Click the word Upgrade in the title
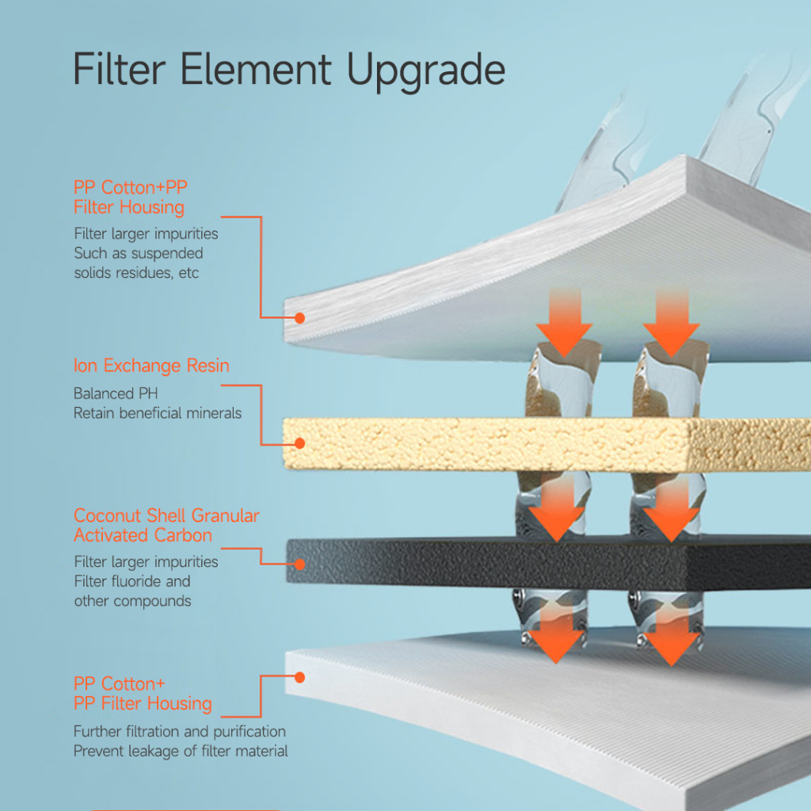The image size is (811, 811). (425, 71)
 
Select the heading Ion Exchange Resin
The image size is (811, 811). (151, 365)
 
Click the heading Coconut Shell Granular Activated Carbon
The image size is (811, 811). (166, 525)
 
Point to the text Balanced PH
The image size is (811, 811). (116, 394)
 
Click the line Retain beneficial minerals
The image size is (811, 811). (158, 413)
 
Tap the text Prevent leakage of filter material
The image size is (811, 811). (181, 751)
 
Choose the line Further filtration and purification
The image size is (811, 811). (180, 731)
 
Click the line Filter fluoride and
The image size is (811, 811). (132, 581)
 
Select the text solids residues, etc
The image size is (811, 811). (136, 272)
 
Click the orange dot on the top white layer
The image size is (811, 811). (299, 318)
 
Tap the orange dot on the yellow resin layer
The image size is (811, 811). (299, 444)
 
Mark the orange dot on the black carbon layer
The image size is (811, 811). (299, 564)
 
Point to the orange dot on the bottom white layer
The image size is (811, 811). (299, 678)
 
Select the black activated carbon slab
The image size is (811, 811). (548, 564)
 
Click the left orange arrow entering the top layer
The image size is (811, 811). (564, 323)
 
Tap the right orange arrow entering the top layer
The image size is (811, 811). (672, 323)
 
